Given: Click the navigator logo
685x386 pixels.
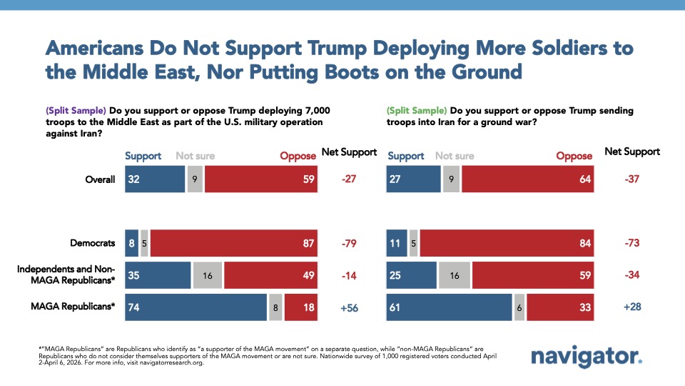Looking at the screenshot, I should pos(586,357).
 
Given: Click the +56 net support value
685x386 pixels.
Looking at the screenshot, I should pos(349,308).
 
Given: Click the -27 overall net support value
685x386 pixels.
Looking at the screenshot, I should pos(349,179).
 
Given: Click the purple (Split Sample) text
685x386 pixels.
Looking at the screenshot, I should pos(75,111).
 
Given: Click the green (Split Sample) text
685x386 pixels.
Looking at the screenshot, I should pos(417,111).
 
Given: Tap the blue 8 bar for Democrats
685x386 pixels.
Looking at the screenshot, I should pos(131,243).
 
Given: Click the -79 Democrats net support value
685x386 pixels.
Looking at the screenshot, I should pos(349,243).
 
